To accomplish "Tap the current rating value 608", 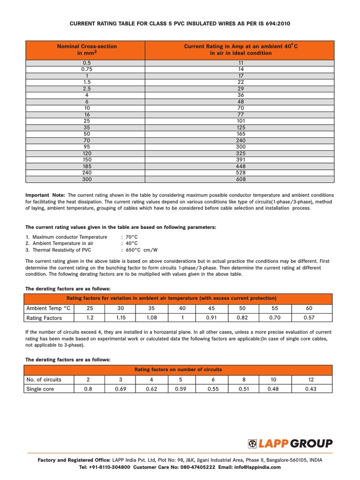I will coord(240,179).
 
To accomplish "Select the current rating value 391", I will coord(240,159).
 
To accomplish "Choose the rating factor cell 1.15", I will coord(120,318).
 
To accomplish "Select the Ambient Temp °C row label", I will coord(48,308).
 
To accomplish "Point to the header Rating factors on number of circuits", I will coord(178,369).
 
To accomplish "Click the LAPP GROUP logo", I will coord(290,443).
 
